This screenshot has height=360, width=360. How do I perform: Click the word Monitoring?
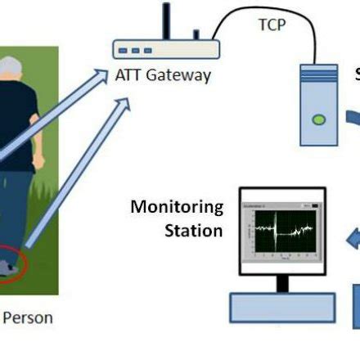pyautogui.click(x=177, y=206)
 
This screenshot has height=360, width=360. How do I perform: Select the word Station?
pyautogui.click(x=193, y=230)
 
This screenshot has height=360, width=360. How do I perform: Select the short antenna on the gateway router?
pyautogui.click(x=196, y=34)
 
